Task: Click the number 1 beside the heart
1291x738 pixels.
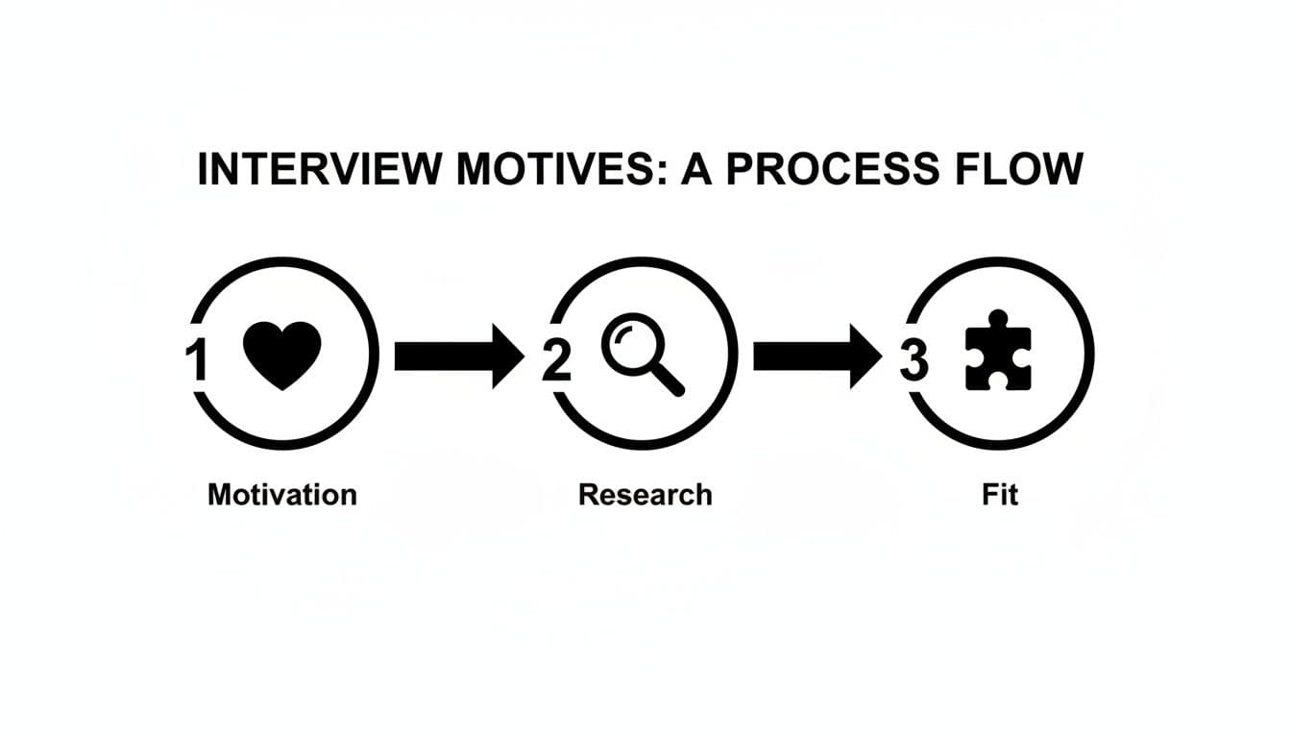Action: coord(196,361)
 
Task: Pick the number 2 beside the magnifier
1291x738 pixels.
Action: coord(555,361)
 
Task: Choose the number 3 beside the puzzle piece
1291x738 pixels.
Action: coord(914,361)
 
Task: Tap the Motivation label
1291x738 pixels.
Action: coord(282,495)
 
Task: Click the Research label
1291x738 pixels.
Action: coord(645,495)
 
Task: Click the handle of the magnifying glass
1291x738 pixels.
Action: coord(669,381)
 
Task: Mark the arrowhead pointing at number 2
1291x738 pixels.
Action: coord(506,357)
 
